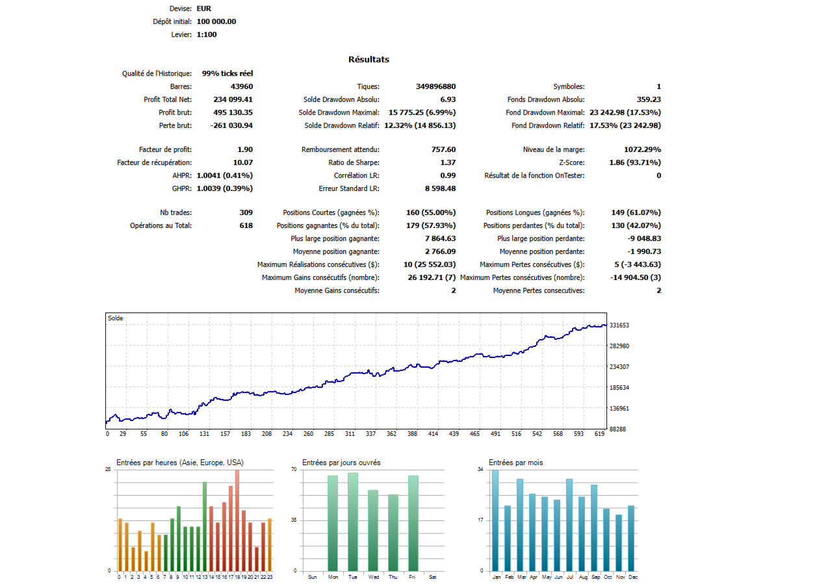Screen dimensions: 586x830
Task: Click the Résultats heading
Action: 369,60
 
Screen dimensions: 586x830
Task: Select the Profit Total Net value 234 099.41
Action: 233,99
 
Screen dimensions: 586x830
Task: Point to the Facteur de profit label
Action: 165,149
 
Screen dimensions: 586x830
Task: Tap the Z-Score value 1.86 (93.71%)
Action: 635,162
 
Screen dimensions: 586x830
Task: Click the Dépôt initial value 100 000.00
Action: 216,21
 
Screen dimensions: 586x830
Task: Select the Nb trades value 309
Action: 246,212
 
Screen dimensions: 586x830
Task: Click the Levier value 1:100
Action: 207,34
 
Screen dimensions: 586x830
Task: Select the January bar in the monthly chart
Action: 495,520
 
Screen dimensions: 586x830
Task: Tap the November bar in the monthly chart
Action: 619,542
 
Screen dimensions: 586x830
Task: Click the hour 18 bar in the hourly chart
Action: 237,520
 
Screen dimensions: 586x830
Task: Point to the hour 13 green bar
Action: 205,526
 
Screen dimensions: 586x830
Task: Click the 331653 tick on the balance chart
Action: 619,325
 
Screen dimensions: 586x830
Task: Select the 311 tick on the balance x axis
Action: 350,434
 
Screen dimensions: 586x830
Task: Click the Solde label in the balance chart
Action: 115,318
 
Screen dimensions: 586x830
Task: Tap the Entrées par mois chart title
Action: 515,463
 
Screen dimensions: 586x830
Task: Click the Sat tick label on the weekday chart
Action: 433,577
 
